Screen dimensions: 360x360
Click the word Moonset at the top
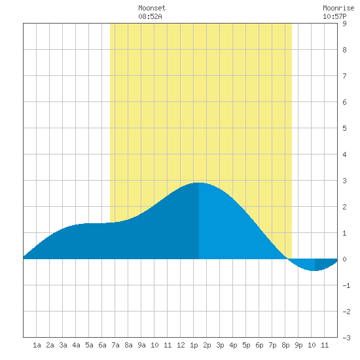tap(152, 9)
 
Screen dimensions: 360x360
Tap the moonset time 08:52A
tap(150, 16)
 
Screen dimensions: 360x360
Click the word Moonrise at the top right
tap(338, 9)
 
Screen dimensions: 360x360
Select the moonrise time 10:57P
tap(334, 16)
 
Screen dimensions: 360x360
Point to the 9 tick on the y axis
tap(344, 24)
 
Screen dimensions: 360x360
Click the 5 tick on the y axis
tap(344, 128)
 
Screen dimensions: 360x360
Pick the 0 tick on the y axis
tap(344, 259)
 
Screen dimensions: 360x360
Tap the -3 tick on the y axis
tap(346, 338)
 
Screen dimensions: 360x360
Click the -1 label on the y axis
tap(346, 285)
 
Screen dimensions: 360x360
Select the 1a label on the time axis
tap(37, 345)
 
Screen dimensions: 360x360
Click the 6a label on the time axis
tap(102, 345)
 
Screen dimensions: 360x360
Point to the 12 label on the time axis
tap(181, 345)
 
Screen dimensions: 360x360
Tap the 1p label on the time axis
tap(194, 345)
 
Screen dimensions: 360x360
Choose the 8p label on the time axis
tap(285, 345)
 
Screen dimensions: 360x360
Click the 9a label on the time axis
tap(141, 345)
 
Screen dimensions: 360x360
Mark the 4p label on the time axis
tap(233, 345)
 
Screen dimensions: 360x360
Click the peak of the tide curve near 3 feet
tap(199, 183)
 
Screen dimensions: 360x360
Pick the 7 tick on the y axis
tap(344, 76)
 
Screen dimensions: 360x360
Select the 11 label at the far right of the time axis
tap(325, 345)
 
